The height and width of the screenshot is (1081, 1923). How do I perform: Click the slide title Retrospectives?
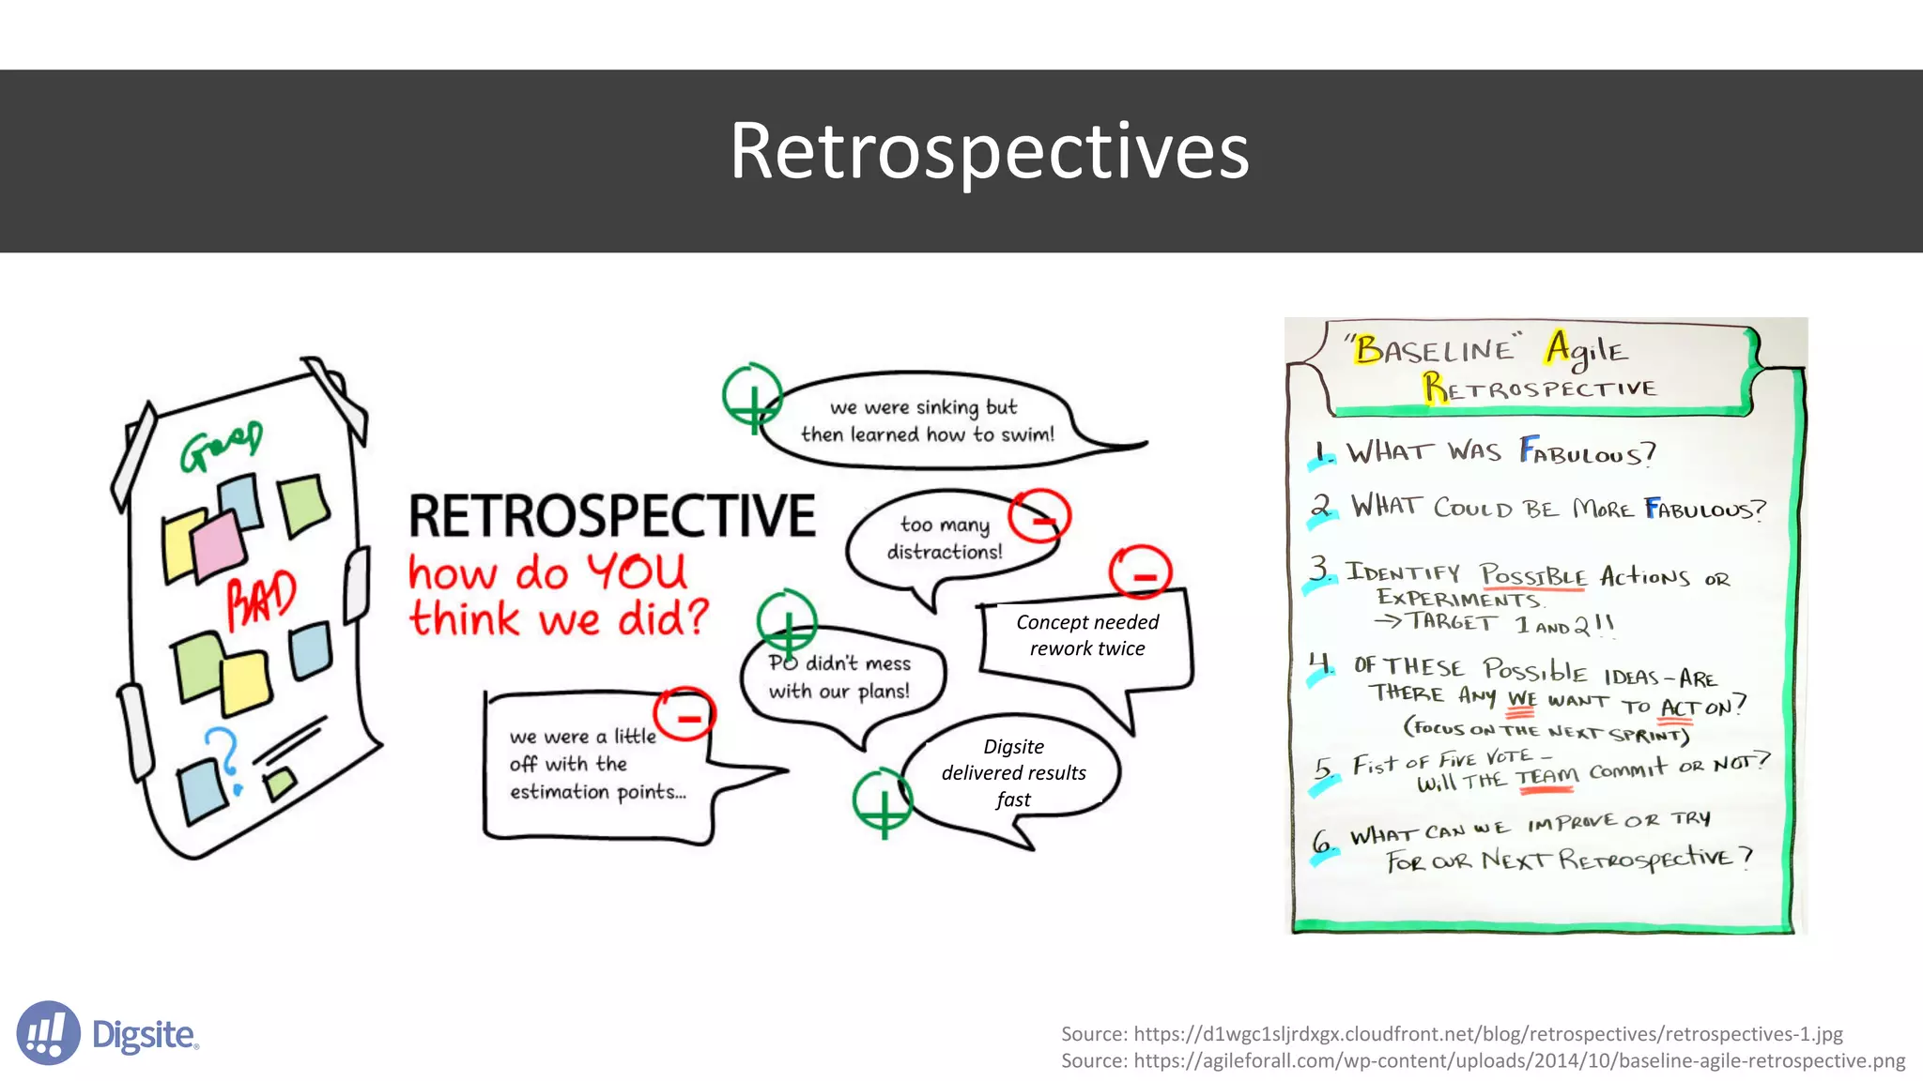tap(989, 151)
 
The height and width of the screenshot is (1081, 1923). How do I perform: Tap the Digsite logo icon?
tap(48, 1033)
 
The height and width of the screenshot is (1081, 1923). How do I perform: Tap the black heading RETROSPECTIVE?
tap(611, 516)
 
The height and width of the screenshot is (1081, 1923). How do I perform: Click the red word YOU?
tap(637, 571)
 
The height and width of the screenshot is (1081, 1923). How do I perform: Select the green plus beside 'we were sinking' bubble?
tap(752, 397)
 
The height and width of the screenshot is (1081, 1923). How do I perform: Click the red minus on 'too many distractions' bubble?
tap(1039, 516)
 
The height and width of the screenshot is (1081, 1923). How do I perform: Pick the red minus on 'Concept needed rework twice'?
tap(1140, 572)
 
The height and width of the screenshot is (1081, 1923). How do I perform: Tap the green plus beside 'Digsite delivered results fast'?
tap(883, 802)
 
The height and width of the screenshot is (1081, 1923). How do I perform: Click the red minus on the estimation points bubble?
tap(685, 715)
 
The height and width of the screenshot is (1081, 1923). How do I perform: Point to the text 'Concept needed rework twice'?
tap(1087, 635)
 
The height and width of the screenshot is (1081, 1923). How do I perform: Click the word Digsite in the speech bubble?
tap(1013, 747)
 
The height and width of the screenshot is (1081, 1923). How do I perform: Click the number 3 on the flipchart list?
tap(1320, 568)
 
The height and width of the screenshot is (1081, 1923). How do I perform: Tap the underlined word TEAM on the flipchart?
tap(1547, 777)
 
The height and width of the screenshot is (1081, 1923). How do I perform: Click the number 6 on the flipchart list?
tap(1322, 842)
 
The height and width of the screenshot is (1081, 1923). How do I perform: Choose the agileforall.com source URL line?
tap(1483, 1060)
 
